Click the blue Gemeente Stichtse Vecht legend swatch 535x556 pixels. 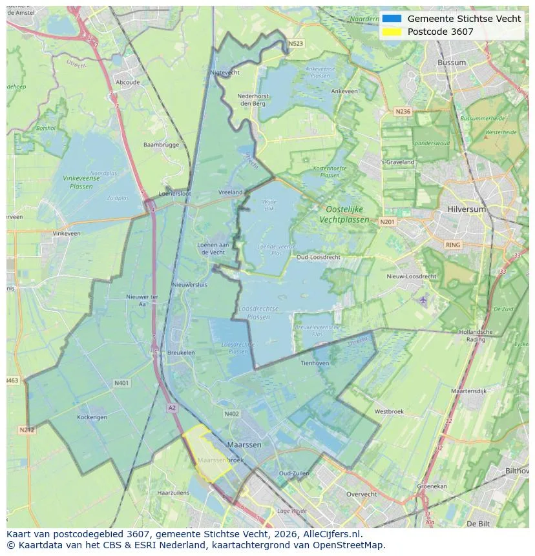[392, 19]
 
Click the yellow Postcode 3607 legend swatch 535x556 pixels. [392, 32]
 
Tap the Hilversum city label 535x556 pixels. [466, 209]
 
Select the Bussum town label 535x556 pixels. [452, 63]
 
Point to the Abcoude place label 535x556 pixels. [127, 83]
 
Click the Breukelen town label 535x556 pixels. [181, 353]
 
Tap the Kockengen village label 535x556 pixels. [92, 417]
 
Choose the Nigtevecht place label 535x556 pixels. [225, 73]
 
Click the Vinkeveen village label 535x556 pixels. [67, 233]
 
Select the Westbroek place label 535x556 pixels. [389, 411]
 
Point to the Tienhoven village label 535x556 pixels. [315, 363]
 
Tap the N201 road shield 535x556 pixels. [387, 222]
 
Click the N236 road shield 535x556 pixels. [403, 112]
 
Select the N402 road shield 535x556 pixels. [231, 414]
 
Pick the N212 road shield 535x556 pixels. [26, 429]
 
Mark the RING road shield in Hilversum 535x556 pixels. [453, 245]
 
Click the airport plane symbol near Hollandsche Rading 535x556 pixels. [423, 300]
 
